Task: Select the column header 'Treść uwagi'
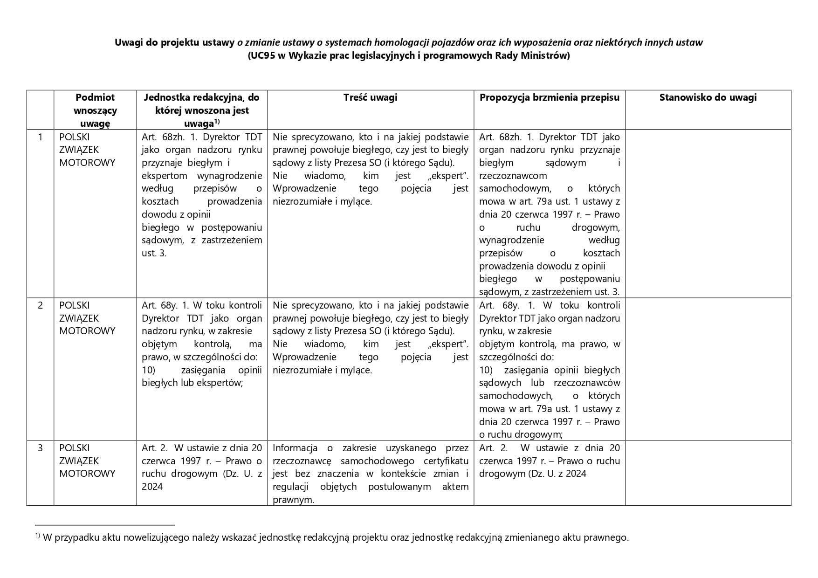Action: tap(370, 97)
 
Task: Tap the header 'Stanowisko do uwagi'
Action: tap(708, 97)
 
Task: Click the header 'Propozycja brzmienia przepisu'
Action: tap(550, 97)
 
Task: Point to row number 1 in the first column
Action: tap(40, 137)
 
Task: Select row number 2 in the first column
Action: tap(40, 305)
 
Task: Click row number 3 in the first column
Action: tap(40, 448)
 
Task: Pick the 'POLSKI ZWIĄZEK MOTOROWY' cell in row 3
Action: tap(87, 461)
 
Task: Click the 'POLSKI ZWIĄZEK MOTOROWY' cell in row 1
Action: tap(87, 150)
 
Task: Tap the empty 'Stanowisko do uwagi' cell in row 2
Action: tap(708, 368)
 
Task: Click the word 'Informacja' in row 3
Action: tap(295, 448)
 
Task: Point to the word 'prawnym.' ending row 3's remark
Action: tap(293, 500)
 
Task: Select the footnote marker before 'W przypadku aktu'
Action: tap(37, 536)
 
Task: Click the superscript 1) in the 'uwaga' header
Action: tap(217, 122)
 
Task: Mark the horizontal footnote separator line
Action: tap(104, 525)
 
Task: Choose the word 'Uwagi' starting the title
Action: tap(127, 42)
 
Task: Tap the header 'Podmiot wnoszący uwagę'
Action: tap(95, 110)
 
